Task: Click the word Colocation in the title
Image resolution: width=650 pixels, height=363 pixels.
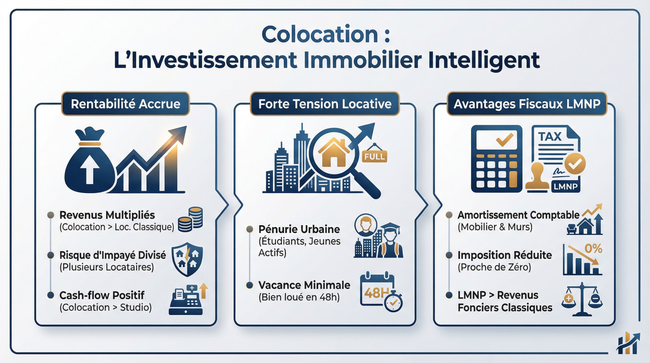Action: pos(320,34)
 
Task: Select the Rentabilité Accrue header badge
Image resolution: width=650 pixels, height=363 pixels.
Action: pos(126,104)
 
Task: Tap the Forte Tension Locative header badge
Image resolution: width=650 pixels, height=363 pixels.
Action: pos(325,104)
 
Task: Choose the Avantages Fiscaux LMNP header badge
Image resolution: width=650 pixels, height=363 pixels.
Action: pos(527,104)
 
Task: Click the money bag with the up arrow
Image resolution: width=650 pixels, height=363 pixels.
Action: pos(89,163)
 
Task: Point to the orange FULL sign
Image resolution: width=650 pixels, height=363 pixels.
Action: pos(375,157)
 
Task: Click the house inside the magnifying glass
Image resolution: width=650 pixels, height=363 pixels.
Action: pos(334,153)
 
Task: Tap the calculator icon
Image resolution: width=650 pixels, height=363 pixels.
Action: pos(496,159)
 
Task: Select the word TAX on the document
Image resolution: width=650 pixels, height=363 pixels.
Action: pos(550,137)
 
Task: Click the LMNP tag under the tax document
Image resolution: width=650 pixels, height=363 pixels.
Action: pos(565,187)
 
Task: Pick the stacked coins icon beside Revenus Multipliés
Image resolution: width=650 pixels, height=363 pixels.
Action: pos(191,219)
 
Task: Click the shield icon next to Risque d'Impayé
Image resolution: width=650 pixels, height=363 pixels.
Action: pos(187,259)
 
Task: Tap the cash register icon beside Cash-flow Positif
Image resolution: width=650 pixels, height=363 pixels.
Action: pos(186,301)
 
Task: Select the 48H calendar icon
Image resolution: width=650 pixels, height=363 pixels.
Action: pos(380,291)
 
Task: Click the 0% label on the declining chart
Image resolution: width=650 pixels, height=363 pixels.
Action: pos(593,248)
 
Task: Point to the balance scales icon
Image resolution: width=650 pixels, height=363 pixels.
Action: pos(582,300)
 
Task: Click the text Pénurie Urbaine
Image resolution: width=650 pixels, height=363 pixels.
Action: pos(299,229)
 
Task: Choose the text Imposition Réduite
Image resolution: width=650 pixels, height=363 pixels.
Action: pos(505,255)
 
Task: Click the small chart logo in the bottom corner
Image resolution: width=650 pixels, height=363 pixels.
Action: pos(628,343)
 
